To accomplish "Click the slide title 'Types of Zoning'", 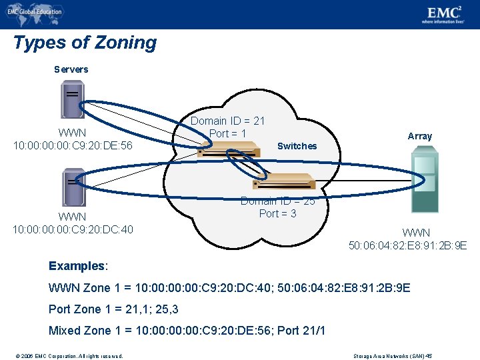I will click(x=85, y=43).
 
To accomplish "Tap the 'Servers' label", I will click(x=71, y=69).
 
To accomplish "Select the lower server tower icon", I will click(x=73, y=187).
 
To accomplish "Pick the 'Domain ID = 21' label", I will click(x=227, y=121).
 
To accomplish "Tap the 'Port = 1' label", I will click(x=227, y=133).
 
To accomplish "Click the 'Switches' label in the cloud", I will click(x=297, y=146).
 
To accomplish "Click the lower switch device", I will click(x=283, y=181).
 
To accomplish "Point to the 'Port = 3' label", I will click(x=277, y=213).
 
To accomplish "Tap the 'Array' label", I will click(x=420, y=136).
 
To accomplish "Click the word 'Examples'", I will click(x=77, y=266).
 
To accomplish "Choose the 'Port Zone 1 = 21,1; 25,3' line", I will click(x=113, y=309).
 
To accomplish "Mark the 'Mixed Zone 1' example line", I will click(x=187, y=331).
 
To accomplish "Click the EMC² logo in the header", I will click(x=446, y=13).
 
